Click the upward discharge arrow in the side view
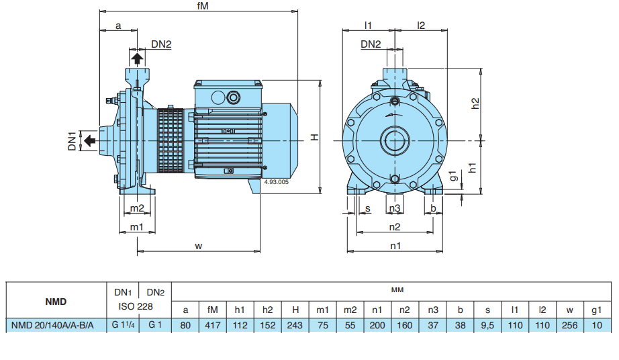(137, 59)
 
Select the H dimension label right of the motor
(314, 137)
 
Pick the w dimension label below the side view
(199, 246)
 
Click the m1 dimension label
(137, 227)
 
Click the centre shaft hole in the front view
(395, 140)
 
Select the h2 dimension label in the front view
(475, 103)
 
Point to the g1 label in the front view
(454, 176)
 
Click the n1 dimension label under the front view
(395, 246)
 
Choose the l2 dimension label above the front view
(421, 26)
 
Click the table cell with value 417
(213, 326)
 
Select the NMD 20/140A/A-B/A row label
(53, 326)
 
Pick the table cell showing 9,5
(487, 326)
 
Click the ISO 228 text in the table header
(138, 306)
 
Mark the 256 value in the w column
(569, 326)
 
